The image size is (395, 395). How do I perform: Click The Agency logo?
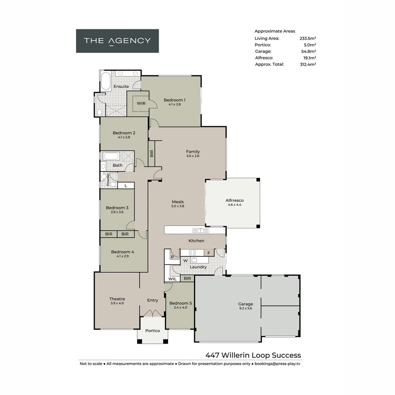pos(117,41)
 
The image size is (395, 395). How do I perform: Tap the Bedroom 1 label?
pos(174,100)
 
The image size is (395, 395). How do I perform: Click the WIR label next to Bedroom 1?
pos(141,104)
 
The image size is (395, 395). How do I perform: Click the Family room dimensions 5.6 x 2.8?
pos(193,156)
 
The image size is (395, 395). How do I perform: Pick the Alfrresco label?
pos(234,200)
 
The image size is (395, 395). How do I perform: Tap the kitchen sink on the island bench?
pos(201,230)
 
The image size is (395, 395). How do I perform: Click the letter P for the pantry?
pos(172,257)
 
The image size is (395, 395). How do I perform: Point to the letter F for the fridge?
pos(209,253)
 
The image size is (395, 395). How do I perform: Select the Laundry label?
pos(198,267)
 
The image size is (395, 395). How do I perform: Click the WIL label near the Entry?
pos(172,279)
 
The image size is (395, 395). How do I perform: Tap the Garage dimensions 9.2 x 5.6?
pos(245,308)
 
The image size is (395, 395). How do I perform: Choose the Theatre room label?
pos(117,299)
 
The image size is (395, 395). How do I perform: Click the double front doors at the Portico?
pos(153,313)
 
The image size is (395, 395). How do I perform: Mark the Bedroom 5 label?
pos(180,303)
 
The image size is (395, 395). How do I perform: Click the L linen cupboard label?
pos(126,186)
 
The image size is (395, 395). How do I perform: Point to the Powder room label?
pos(108,179)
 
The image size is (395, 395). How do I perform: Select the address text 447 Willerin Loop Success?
pos(253,355)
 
